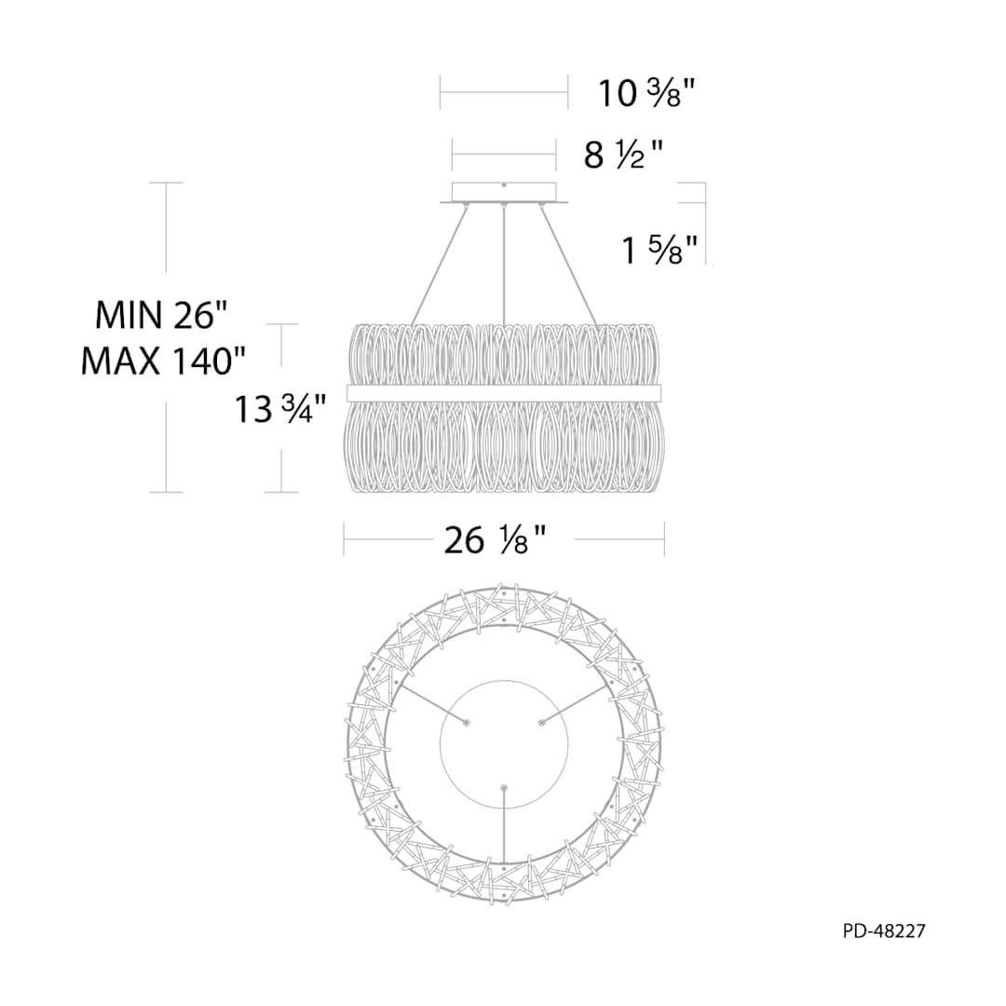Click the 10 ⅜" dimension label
click(646, 94)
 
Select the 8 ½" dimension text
click(623, 155)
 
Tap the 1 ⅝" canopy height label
click(659, 250)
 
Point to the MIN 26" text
click(161, 316)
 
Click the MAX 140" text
click(164, 361)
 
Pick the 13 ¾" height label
click(280, 409)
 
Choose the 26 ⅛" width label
click(495, 540)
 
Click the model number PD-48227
click(884, 931)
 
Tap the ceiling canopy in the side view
click(504, 193)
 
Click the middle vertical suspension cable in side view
click(504, 265)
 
